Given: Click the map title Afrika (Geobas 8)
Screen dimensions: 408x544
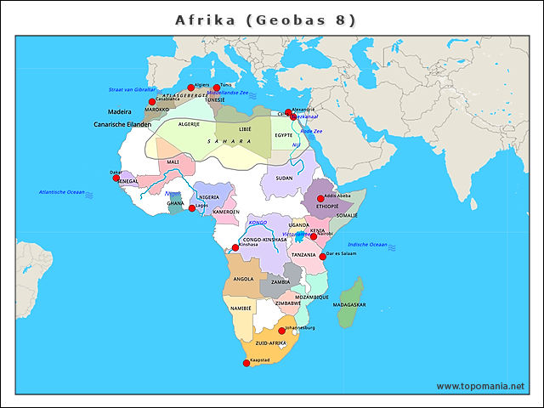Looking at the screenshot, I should tap(265, 20).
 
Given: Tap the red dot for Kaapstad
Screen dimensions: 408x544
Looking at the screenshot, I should tap(246, 363).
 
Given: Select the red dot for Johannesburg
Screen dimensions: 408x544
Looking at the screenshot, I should tap(282, 331).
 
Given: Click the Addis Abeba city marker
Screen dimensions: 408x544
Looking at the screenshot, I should tap(320, 199).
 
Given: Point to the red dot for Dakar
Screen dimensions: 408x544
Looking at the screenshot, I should tap(116, 178).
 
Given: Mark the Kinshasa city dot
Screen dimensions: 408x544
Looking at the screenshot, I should tap(235, 247).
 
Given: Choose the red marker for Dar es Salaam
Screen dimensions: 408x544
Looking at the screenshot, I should tap(322, 256).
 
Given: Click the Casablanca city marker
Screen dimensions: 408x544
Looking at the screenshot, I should tap(152, 102).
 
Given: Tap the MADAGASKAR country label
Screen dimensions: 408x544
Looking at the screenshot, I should tap(349, 304).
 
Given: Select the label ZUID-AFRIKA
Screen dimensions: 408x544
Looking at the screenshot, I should tap(271, 343).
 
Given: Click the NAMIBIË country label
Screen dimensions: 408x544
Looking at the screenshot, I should tap(241, 309).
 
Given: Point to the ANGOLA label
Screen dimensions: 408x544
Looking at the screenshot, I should tap(243, 279).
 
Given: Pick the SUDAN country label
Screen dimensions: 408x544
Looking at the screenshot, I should tap(284, 178).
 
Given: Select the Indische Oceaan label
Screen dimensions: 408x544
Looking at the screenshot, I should tap(367, 245).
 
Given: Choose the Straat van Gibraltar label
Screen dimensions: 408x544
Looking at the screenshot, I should tap(132, 89).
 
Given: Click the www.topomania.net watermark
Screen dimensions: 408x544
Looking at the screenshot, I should tap(480, 386).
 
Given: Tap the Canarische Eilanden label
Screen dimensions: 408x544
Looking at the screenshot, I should tap(122, 125).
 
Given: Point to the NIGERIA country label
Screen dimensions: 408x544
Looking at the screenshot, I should tap(209, 197).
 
